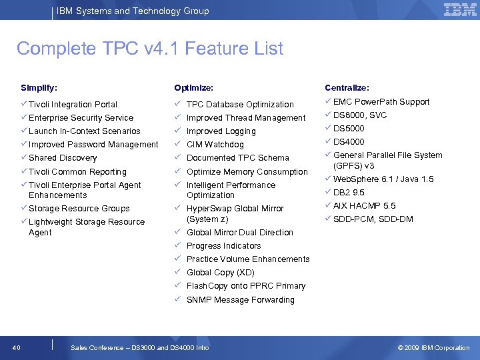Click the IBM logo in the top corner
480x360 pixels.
[x=460, y=10]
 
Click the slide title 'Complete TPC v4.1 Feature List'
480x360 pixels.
[x=150, y=49]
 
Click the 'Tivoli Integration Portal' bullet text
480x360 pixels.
[x=73, y=105]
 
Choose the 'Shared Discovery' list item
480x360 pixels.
[x=63, y=158]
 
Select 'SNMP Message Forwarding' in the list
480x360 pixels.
[x=240, y=300]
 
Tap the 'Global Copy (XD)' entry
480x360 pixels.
[x=220, y=273]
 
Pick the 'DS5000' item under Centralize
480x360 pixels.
[x=349, y=129]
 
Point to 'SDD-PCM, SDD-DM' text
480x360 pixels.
[x=373, y=219]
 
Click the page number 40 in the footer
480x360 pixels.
[x=17, y=347]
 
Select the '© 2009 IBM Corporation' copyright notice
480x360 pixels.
[x=433, y=347]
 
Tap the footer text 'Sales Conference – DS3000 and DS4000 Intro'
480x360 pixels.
[x=139, y=347]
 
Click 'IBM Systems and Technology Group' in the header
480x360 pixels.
[x=133, y=11]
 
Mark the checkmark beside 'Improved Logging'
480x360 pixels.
[x=177, y=131]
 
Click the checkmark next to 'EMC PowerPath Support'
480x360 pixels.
[x=328, y=101]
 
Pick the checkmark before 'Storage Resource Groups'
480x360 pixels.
[x=24, y=208]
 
